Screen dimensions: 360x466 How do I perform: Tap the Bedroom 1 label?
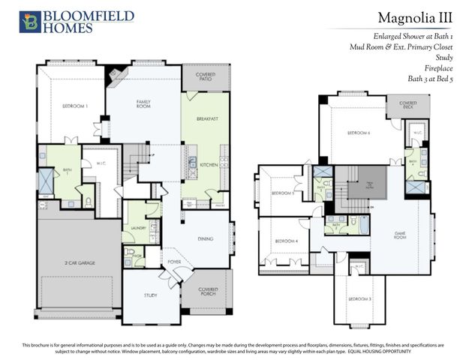point(75,106)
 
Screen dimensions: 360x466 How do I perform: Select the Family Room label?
point(144,103)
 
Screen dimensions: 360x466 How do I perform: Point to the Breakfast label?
point(207,118)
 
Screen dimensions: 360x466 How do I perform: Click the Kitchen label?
point(209,163)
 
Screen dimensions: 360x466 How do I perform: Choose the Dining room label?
point(205,238)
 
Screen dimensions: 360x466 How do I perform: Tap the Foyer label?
point(174,262)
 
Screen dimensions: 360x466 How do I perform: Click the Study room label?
point(151,295)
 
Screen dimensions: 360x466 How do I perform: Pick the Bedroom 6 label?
point(358,133)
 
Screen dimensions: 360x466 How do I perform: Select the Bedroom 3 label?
point(359,299)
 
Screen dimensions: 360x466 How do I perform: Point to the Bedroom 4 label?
point(286,241)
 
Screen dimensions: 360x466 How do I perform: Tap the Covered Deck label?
point(407,104)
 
